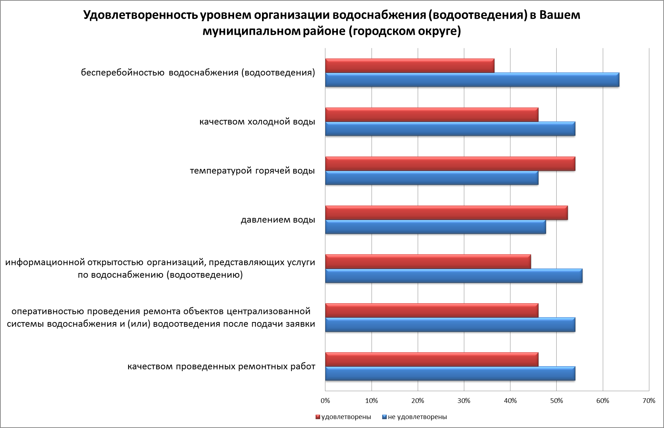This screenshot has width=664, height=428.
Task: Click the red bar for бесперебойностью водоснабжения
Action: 409,65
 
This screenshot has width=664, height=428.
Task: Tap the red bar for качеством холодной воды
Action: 431,115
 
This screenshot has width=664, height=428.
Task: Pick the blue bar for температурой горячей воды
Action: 431,178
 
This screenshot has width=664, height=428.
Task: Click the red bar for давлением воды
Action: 446,213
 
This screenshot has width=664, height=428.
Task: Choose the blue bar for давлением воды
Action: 435,227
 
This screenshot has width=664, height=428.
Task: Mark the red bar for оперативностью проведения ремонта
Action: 431,311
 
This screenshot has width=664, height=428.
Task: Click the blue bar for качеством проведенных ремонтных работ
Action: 450,374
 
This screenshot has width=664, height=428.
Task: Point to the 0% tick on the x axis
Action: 325,401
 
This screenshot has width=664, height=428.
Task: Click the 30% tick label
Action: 464,401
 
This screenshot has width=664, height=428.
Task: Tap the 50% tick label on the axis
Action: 556,401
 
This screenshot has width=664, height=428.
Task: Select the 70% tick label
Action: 649,401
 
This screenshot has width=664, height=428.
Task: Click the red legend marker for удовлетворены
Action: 318,417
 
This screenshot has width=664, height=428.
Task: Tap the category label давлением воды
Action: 278,220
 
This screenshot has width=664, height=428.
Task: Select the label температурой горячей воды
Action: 252,171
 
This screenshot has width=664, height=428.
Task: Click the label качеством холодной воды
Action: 257,122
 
